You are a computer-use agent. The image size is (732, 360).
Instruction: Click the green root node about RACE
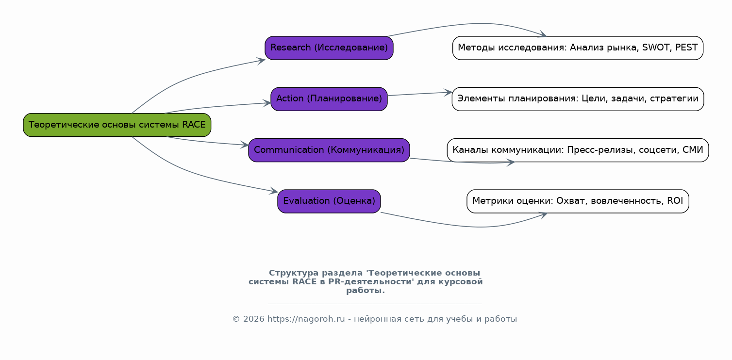tap(117, 125)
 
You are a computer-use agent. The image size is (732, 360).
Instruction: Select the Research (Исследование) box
tap(329, 48)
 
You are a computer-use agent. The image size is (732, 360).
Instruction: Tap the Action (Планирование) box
tap(329, 99)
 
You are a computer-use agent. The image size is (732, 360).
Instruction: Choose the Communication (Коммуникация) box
tap(329, 150)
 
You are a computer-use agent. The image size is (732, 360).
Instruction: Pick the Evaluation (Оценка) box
tap(329, 201)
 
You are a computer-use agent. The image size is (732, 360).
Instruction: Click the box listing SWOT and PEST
tap(578, 48)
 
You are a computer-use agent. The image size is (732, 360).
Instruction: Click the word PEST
tap(686, 48)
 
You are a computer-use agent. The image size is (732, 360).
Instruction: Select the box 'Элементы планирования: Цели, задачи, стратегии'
tap(578, 99)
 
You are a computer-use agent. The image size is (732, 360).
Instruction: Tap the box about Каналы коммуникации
tap(578, 150)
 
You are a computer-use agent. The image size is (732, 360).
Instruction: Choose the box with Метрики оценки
tap(578, 201)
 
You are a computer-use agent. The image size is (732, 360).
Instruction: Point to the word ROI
tap(675, 201)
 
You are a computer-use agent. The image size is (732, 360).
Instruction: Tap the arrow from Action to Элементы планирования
tap(420, 94)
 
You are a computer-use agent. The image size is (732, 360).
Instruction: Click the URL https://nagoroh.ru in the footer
tap(306, 319)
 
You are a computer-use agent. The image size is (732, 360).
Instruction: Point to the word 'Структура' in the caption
tap(294, 273)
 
